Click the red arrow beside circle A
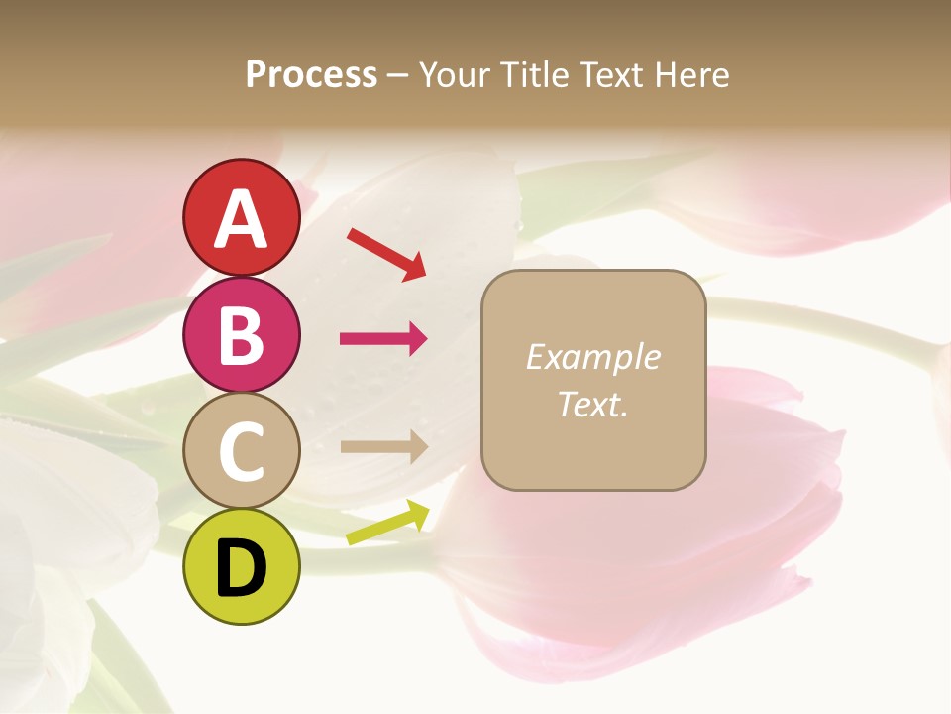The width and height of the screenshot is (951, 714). tap(386, 254)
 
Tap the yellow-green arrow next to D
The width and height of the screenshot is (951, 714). tap(387, 523)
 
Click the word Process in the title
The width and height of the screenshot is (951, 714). tap(311, 74)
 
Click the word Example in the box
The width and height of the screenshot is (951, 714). tap(592, 357)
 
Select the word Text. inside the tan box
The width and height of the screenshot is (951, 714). tap(592, 404)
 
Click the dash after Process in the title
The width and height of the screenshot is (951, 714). tap(398, 75)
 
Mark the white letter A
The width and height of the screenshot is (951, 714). tap(242, 219)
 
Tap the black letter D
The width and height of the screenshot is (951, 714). tap(242, 568)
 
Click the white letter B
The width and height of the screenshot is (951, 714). tap(241, 335)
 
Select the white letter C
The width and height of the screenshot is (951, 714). tap(242, 452)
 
